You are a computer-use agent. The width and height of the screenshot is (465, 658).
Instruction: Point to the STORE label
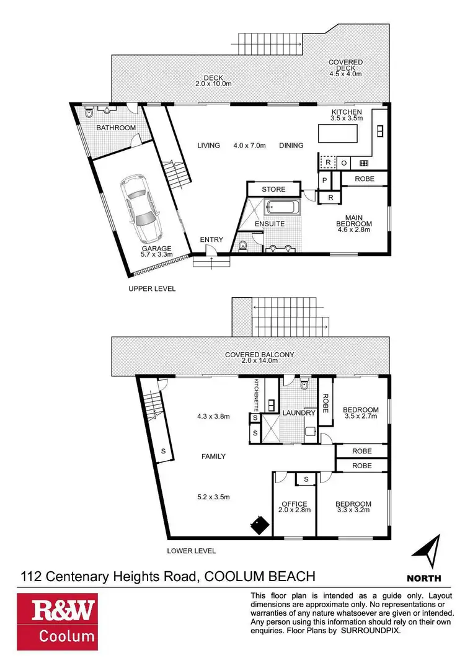[x=273, y=189]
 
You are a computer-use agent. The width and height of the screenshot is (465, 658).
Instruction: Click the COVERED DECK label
[x=345, y=68]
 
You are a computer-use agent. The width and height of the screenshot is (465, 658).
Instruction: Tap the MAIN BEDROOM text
[x=353, y=224]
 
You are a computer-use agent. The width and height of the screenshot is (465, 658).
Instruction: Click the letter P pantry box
[x=324, y=180]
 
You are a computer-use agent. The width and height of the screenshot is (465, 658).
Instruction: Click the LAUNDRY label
[x=300, y=412]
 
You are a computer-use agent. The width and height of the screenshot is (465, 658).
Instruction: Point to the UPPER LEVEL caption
[x=152, y=288]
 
